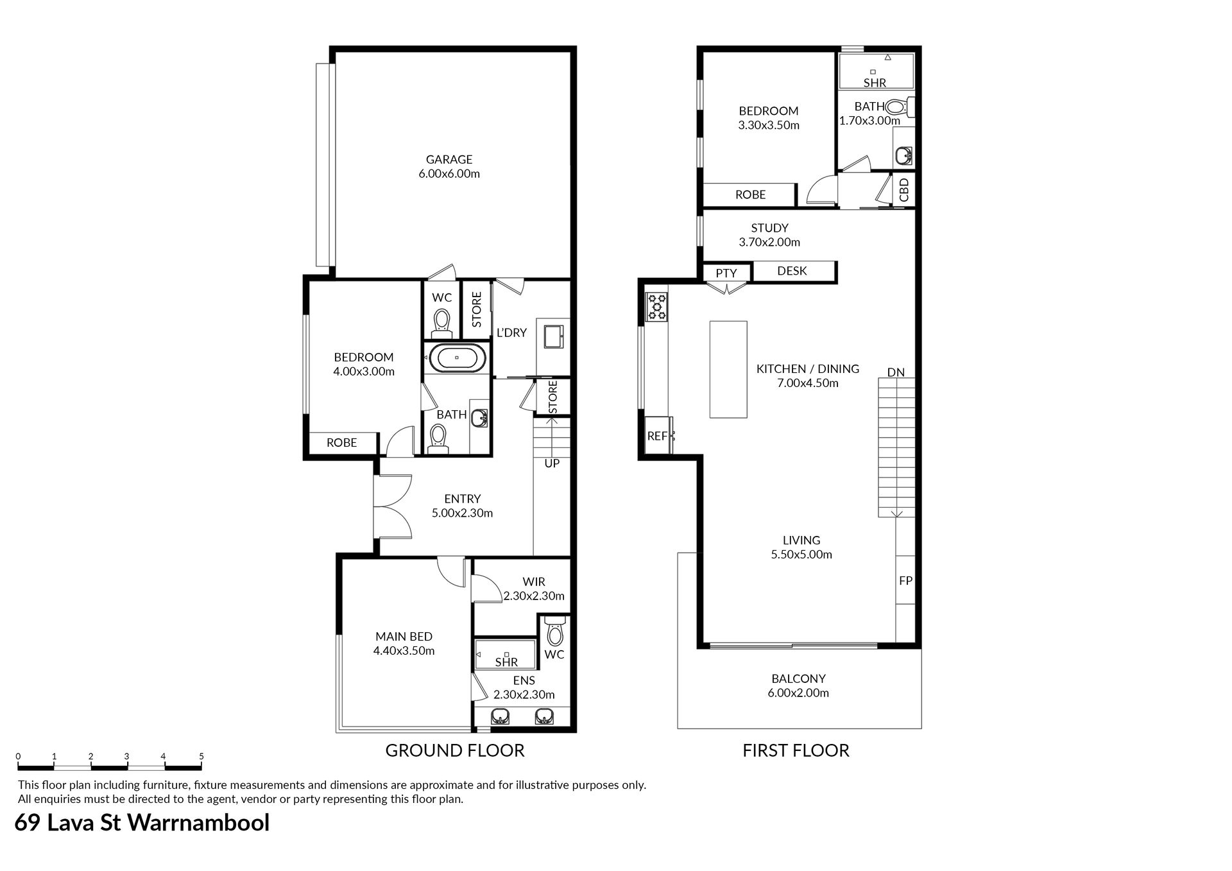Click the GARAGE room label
pos(449,159)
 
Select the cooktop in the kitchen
pos(656,307)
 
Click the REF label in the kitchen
pos(657,436)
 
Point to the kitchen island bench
pos(728,369)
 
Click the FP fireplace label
pos(905,581)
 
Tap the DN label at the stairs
pos(896,372)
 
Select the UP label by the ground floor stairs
pos(552,463)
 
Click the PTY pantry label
pos(726,273)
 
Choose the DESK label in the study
pos(792,271)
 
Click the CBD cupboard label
pos(904,191)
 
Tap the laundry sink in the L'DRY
pos(552,334)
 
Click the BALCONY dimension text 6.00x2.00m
pos(798,693)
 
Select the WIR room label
pos(534,582)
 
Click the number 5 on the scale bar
pos(201,756)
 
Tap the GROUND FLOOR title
pos(455,750)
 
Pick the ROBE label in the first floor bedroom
pos(750,194)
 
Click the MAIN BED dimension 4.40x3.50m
pos(404,651)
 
